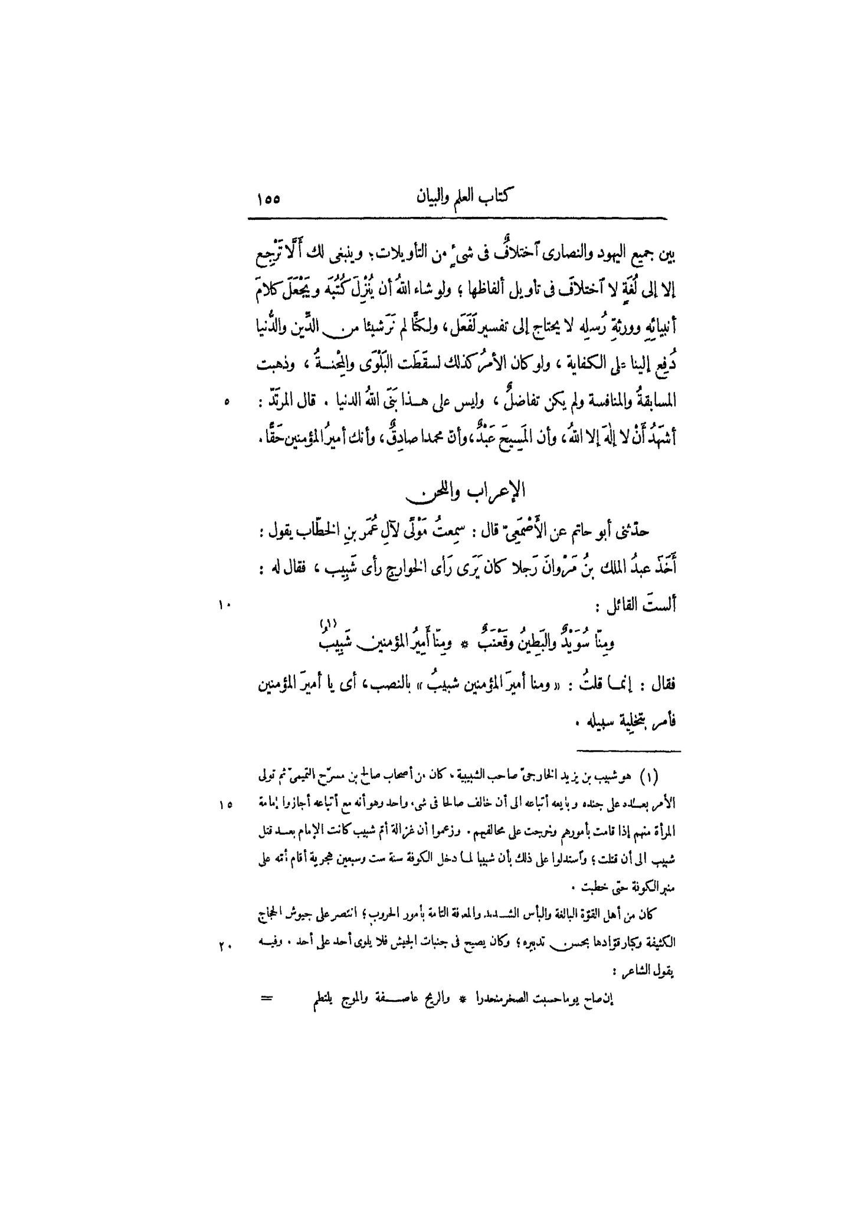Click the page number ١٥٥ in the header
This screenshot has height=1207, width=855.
tap(268, 198)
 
